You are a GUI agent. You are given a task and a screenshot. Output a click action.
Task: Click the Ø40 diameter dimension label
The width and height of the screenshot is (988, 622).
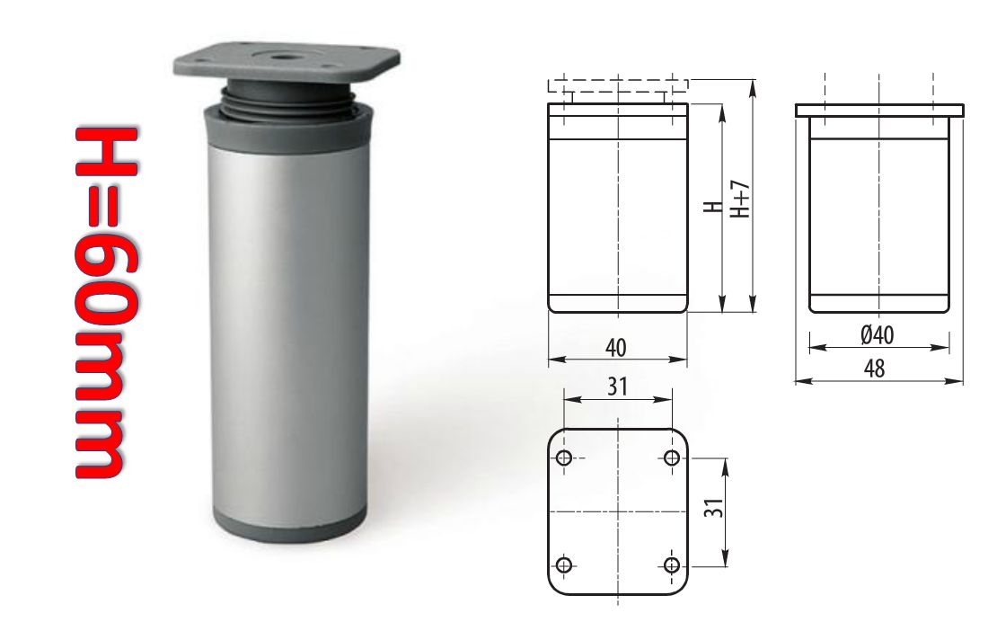point(878,334)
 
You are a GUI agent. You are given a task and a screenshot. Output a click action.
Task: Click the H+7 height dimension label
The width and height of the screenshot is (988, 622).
point(740,200)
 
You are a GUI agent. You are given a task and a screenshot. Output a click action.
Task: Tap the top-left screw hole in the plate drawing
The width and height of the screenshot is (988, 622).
point(564,458)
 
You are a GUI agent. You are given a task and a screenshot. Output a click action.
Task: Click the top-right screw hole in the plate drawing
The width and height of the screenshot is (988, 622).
point(670,458)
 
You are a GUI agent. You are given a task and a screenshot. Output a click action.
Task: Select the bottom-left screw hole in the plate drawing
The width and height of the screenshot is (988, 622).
point(564,564)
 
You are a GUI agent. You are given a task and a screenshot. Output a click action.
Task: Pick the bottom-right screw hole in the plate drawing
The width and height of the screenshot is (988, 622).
point(670,564)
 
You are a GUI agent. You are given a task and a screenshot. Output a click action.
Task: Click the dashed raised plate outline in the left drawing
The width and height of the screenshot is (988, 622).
point(618,85)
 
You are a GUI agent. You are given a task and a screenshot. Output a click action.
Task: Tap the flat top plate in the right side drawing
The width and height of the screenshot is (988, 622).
point(879,111)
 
